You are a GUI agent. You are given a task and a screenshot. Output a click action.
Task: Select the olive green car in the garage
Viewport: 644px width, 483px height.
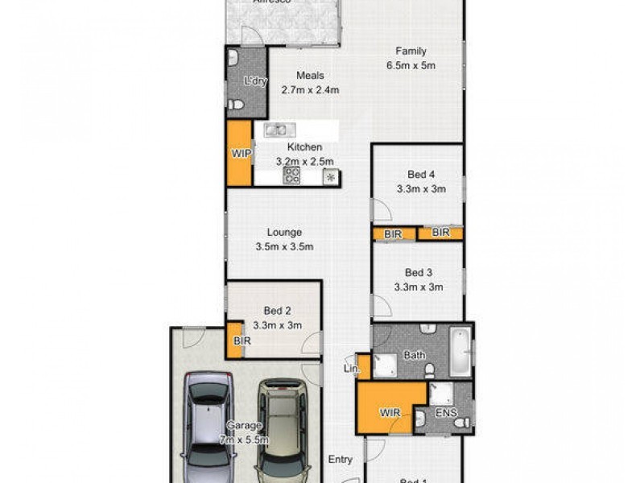tap(282, 427)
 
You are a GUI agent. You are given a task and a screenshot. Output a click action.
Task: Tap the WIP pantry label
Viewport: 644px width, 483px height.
tap(240, 153)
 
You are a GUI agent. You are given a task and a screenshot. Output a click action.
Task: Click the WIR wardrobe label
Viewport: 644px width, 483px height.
tap(390, 414)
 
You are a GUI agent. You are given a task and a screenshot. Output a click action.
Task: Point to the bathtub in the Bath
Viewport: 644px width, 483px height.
tap(460, 352)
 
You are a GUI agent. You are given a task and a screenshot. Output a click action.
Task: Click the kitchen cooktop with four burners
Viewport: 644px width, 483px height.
tap(291, 175)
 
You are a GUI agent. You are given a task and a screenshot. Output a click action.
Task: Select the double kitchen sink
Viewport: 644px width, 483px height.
tap(276, 129)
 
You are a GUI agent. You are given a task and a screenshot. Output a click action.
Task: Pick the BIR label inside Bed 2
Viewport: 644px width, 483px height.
tap(242, 341)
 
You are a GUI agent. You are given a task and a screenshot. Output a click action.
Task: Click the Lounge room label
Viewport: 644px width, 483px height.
tap(284, 233)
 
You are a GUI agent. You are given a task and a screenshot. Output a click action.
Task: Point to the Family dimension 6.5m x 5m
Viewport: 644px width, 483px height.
tap(411, 65)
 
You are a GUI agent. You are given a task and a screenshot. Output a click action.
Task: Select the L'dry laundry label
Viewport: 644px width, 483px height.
tap(255, 80)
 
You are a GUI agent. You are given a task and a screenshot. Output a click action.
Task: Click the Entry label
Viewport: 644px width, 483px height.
tap(340, 460)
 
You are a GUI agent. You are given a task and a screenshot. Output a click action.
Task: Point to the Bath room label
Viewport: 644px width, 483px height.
tap(415, 354)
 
